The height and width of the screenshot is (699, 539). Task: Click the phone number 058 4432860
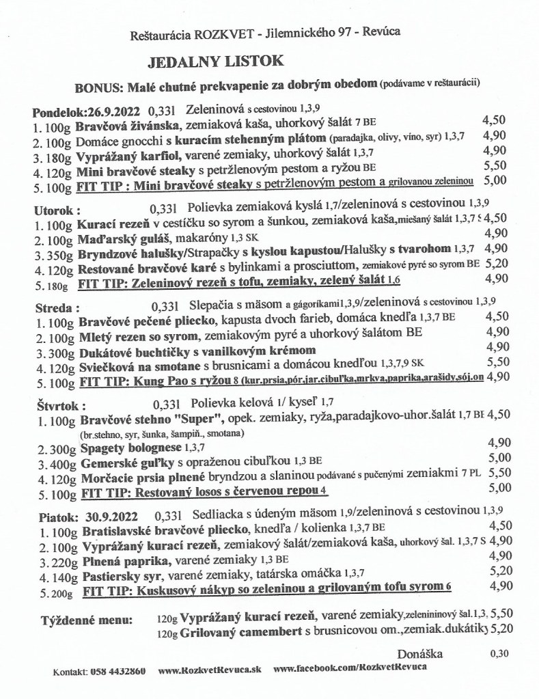pos(118,671)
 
